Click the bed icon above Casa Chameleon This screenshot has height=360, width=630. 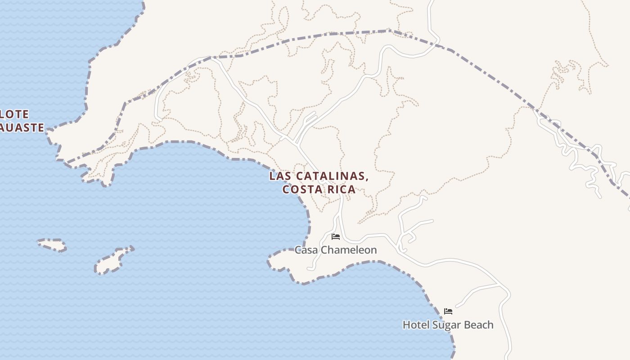pyautogui.click(x=336, y=236)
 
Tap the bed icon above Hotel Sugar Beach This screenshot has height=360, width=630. pyautogui.click(x=448, y=311)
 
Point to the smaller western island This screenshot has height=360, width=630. pyautogui.click(x=52, y=245)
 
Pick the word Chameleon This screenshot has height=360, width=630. pyautogui.click(x=350, y=250)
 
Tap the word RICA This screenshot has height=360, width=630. pyautogui.click(x=342, y=189)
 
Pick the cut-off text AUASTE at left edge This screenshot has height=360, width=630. pyautogui.click(x=22, y=128)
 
